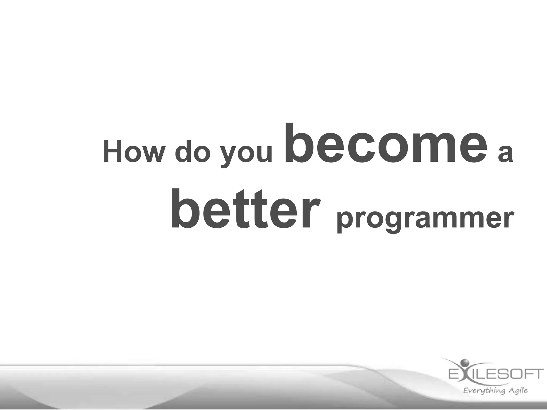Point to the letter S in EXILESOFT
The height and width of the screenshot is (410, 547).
[506, 374]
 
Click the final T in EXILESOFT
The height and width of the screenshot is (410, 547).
[538, 374]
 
